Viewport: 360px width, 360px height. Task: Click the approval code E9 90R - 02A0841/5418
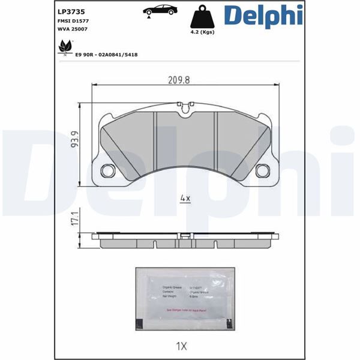click(106, 55)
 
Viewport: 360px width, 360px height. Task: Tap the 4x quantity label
click(185, 198)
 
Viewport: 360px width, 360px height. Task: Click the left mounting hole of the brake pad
click(108, 170)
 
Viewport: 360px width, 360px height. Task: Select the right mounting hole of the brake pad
click(262, 170)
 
